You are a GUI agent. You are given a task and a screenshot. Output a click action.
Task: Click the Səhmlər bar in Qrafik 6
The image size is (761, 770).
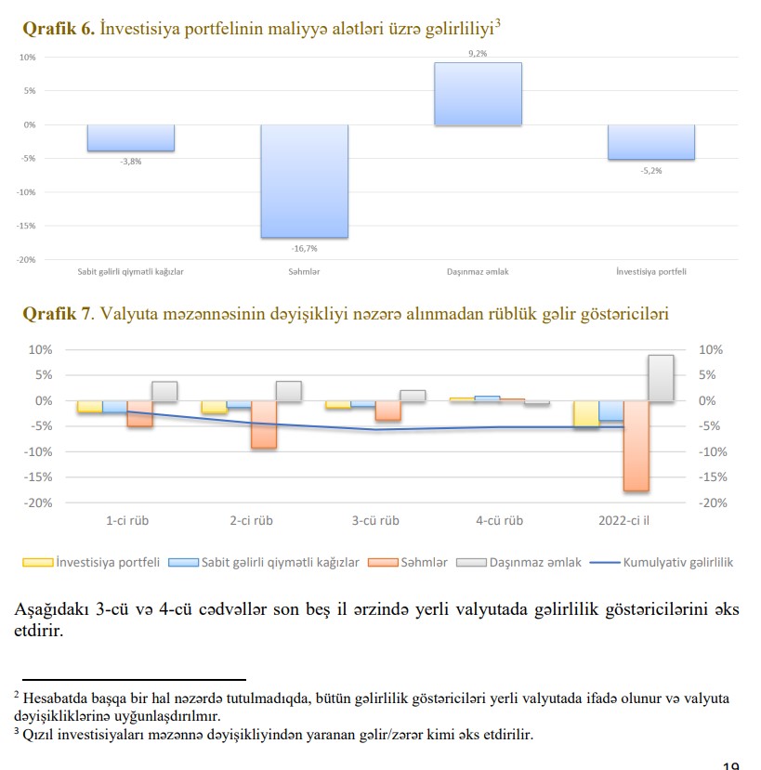click(304, 180)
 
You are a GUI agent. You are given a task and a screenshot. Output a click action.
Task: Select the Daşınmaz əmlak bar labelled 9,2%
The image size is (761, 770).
click(478, 93)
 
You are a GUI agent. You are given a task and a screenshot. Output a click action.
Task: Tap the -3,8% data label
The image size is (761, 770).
click(131, 162)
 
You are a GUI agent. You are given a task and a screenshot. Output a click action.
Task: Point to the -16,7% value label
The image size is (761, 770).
click(304, 248)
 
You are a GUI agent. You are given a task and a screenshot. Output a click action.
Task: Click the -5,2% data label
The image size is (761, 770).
click(651, 171)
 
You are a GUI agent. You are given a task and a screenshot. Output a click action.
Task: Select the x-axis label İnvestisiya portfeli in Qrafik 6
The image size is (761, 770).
click(651, 271)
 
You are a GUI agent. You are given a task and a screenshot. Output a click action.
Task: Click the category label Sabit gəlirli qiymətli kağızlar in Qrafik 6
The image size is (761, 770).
click(131, 271)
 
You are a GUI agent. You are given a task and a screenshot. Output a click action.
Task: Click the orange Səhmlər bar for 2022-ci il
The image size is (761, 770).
click(636, 446)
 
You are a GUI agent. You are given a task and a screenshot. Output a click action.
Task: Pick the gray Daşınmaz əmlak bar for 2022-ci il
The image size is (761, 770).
click(661, 378)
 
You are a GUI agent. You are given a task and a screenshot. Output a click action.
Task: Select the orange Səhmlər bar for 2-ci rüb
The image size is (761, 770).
click(264, 424)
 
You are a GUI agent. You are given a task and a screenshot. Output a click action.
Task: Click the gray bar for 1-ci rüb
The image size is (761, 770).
click(164, 391)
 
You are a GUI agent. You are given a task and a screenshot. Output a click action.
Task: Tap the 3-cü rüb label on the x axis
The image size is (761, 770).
click(375, 521)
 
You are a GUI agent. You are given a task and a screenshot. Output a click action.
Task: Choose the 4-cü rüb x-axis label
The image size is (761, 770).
click(499, 521)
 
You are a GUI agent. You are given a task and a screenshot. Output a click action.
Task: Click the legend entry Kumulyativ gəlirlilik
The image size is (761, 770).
click(678, 563)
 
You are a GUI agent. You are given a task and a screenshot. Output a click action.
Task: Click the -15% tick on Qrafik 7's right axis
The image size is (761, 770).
click(710, 477)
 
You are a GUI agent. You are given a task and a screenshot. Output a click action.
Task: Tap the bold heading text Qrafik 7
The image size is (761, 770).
click(57, 314)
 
